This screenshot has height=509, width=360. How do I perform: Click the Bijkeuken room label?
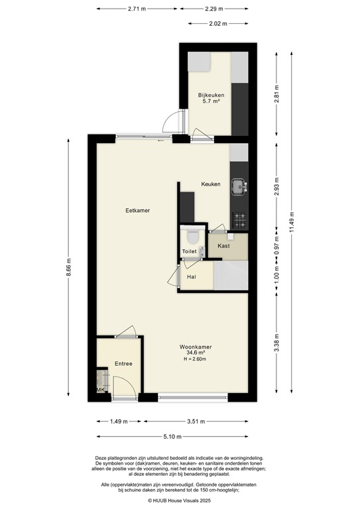pyautogui.click(x=211, y=95)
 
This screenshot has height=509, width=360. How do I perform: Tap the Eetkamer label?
pyautogui.click(x=138, y=210)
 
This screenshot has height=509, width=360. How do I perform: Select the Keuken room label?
pyautogui.click(x=211, y=184)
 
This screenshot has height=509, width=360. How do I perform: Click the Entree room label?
pyautogui.click(x=124, y=363)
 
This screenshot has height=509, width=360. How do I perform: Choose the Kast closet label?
pyautogui.click(x=223, y=246)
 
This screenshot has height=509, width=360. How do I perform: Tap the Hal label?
pyautogui.click(x=192, y=276)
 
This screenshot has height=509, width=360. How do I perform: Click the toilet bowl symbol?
pyautogui.click(x=193, y=236)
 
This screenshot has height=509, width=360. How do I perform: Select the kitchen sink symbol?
pyautogui.click(x=237, y=188)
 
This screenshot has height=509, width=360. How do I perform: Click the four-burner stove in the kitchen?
pyautogui.click(x=238, y=219)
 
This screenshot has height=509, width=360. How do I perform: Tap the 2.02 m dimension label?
pyautogui.click(x=217, y=23)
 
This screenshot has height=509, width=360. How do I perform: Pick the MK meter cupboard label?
pyautogui.click(x=101, y=390)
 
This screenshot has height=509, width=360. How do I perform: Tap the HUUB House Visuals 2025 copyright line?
pyautogui.click(x=180, y=501)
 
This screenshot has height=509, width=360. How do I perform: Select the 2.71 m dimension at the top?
pyautogui.click(x=138, y=9)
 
